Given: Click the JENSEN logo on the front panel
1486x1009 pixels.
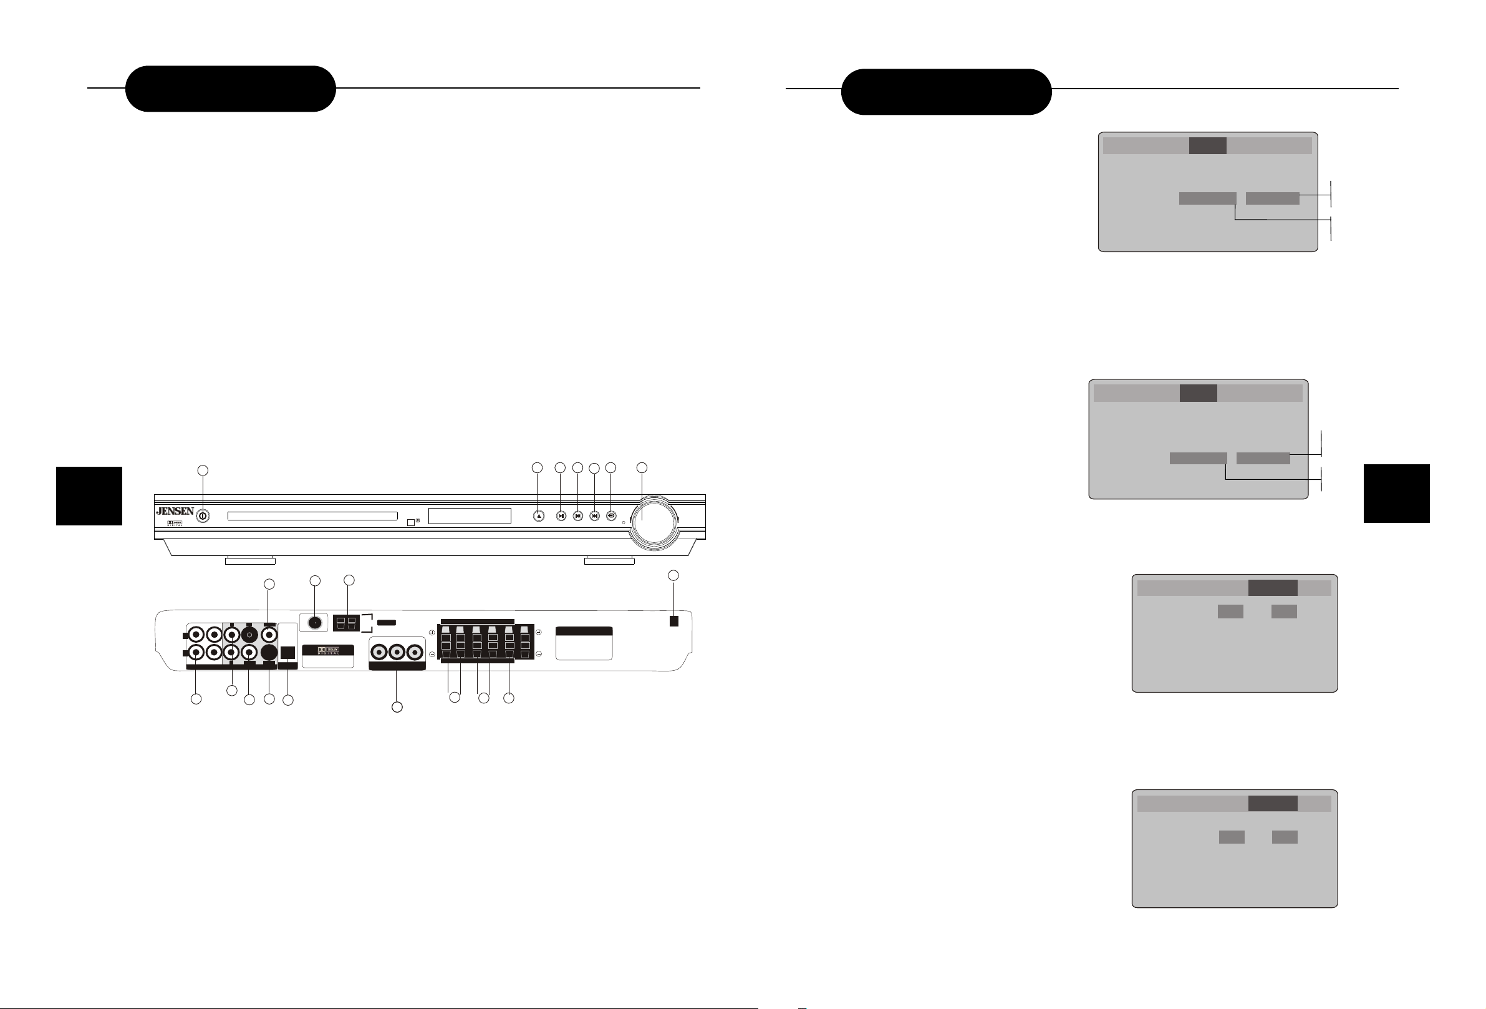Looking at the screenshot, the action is tap(175, 511).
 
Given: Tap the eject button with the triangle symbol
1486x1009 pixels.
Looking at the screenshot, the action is tap(538, 515).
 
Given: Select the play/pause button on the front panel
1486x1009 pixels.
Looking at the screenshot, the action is tap(561, 515).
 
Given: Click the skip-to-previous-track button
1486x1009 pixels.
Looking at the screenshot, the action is tap(578, 515).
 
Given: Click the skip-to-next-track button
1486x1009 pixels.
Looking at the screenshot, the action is tap(595, 515).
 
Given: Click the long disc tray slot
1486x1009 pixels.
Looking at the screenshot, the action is tap(312, 515).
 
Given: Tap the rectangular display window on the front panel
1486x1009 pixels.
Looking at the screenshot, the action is tap(470, 515).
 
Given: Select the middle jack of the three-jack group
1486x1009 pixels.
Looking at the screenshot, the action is tap(398, 653).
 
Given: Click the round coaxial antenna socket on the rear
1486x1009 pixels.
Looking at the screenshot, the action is tap(314, 622).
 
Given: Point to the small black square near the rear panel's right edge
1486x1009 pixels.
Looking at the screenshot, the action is tap(673, 621).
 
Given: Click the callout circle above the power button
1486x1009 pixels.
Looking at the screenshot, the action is tap(202, 470).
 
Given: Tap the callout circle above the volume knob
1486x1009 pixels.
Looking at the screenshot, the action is tap(642, 468).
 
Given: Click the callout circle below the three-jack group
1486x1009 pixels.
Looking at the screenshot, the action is tap(397, 707).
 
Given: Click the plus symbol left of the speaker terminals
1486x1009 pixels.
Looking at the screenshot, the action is tap(432, 633).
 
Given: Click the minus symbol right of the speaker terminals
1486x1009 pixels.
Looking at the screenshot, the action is tap(539, 654).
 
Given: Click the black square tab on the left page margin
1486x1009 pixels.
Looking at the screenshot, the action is tap(89, 496).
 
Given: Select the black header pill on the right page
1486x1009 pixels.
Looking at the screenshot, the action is tap(946, 92).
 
